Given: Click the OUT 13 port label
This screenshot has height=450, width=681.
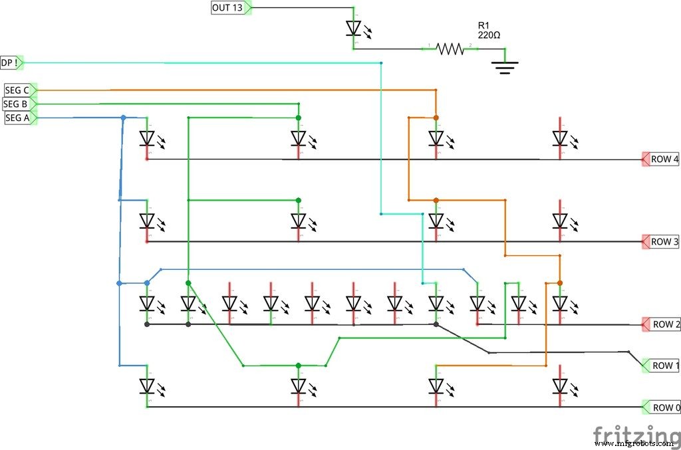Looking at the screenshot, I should [x=228, y=8].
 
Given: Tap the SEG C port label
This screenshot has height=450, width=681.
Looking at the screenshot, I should [x=17, y=90].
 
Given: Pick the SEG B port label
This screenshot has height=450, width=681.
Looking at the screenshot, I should [x=17, y=104].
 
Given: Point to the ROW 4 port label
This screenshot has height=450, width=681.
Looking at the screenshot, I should [x=664, y=160].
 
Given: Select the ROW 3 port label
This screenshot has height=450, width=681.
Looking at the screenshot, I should [x=664, y=242].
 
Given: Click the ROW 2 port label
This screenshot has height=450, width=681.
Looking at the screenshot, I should [x=665, y=324].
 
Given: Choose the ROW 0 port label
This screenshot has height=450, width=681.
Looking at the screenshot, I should [x=665, y=407].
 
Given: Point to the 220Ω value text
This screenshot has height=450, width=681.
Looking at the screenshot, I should [x=489, y=34].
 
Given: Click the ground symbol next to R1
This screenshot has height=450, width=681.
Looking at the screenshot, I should [x=505, y=66].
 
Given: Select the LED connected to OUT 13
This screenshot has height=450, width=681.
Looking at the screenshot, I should [x=354, y=29].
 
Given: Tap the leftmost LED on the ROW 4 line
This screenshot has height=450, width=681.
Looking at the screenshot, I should [x=147, y=138].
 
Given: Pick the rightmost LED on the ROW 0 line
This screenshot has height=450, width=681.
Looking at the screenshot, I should [x=560, y=386].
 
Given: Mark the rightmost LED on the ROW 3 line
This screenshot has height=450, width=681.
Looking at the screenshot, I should [x=560, y=220].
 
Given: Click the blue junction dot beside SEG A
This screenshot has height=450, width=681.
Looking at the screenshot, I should [x=123, y=118].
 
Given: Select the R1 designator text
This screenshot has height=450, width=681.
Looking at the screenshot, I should [x=483, y=25].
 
